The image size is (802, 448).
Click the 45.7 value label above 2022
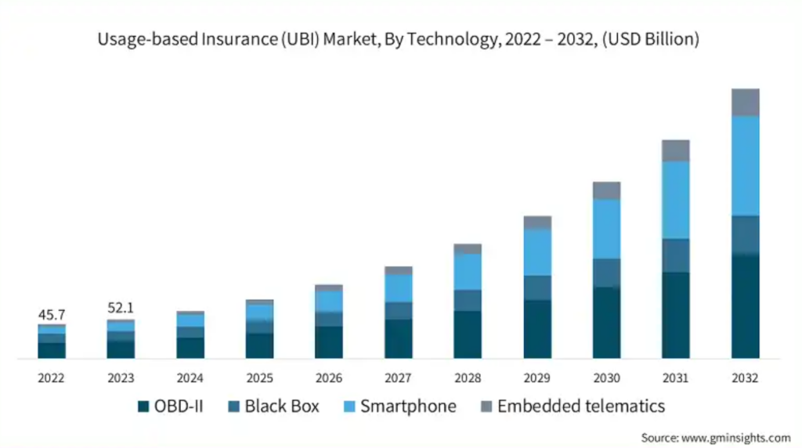tap(52, 315)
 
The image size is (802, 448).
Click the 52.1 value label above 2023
tap(121, 309)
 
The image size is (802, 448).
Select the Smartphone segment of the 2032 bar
tap(745, 165)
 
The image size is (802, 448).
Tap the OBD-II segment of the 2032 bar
tap(745, 306)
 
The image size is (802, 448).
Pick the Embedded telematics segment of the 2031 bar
tap(676, 150)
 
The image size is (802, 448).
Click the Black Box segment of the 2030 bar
tap(606, 273)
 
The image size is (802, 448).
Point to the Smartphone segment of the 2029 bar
tap(537, 252)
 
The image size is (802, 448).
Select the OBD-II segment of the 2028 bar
tap(468, 334)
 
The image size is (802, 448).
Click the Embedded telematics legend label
tap(580, 406)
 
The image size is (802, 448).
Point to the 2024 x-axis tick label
tap(190, 378)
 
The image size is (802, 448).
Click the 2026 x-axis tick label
tap(329, 378)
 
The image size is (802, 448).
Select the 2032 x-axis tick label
tap(745, 378)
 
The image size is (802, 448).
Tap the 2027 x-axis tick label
tap(398, 378)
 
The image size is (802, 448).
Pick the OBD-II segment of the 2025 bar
tap(259, 345)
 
